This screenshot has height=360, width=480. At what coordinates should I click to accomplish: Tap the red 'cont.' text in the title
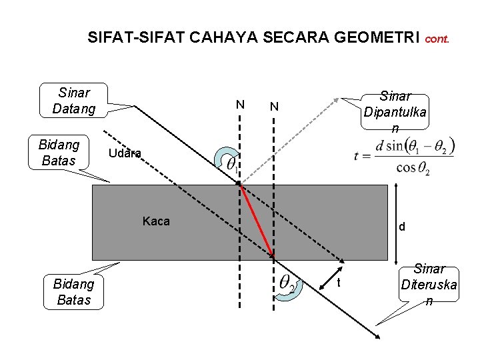pos(437,39)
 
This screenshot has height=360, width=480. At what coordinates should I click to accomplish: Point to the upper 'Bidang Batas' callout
pos(59,152)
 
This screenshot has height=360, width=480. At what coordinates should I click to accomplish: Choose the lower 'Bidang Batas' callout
pos(74,292)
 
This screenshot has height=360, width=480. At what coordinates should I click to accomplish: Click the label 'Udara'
pos(125,153)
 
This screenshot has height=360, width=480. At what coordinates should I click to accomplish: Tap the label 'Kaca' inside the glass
pos(156,221)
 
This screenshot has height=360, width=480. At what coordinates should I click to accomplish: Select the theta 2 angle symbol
pos(288,283)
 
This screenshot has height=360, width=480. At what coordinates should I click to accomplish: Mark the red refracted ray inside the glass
pos(257,221)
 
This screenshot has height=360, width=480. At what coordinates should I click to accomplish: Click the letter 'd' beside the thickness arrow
pos(401,227)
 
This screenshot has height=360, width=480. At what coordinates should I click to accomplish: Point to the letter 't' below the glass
pos(338,283)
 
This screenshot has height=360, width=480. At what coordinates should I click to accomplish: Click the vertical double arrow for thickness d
pos(394,223)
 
